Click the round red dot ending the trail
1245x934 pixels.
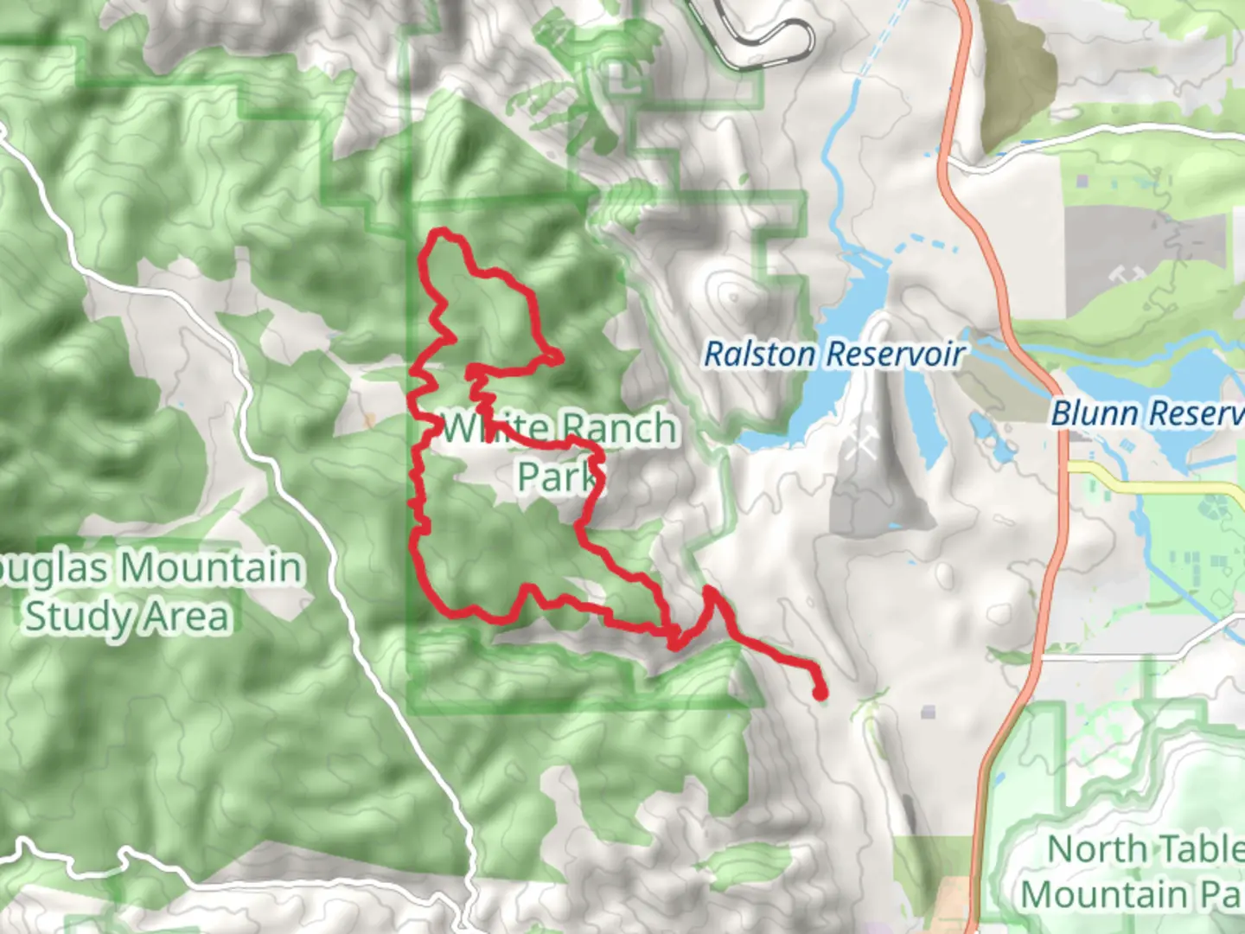pyautogui.click(x=819, y=692)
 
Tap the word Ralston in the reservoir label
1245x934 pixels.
pyautogui.click(x=759, y=354)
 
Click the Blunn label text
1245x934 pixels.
pyautogui.click(x=1095, y=413)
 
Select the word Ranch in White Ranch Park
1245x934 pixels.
pyautogui.click(x=617, y=428)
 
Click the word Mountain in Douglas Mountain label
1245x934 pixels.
pyautogui.click(x=212, y=568)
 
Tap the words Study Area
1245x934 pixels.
pyautogui.click(x=128, y=617)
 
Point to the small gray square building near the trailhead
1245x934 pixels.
pyautogui.click(x=928, y=712)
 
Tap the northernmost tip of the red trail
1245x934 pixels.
pyautogui.click(x=442, y=232)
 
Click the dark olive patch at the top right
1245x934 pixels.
pyautogui.click(x=1016, y=78)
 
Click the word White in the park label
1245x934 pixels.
pyautogui.click(x=495, y=428)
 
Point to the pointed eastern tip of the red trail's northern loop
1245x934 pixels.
pyautogui.click(x=559, y=356)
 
